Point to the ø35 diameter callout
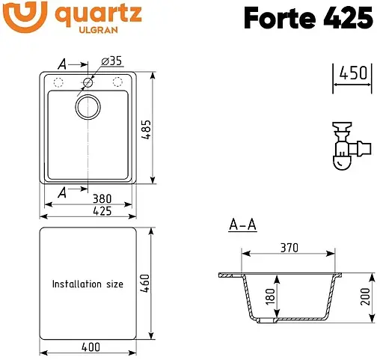pos(110,60)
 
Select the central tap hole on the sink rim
pos(89,82)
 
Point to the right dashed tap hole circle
pos(117,82)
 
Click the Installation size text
pos(88,284)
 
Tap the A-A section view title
pos(242,225)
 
